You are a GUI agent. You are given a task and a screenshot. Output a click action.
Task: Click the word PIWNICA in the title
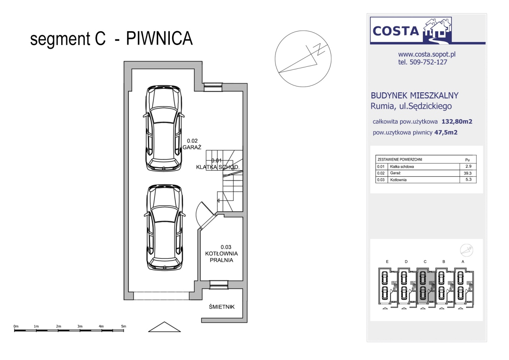pos(159,38)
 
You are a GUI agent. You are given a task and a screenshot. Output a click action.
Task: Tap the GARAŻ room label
pos(192,147)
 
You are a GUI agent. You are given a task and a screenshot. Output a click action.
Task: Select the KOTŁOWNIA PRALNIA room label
pos(221,257)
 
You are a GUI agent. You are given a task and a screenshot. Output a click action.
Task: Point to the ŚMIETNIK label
pos(222,307)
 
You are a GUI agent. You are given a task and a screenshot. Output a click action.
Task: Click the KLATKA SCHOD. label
pos(218,167)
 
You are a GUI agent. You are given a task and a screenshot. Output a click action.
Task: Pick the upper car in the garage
pos(163,128)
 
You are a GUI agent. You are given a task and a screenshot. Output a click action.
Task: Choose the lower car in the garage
pos(165,227)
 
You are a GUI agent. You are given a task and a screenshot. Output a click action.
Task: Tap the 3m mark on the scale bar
pos(80,326)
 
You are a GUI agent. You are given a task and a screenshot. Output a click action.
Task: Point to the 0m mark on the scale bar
pos(16,326)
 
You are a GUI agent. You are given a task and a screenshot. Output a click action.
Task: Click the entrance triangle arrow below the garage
pos(164,327)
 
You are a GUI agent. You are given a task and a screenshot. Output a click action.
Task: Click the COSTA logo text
pos(396,31)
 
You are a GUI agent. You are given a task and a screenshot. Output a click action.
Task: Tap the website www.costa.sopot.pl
pos(427,54)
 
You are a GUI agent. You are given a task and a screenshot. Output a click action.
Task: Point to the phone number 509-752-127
pos(428,62)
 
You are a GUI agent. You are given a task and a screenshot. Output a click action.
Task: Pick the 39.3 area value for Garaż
pos(468,173)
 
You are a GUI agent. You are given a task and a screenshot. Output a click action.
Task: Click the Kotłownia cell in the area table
pos(398,180)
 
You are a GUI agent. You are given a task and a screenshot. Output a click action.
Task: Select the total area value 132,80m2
pos(457,122)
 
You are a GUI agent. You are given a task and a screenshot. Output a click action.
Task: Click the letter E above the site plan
pos(387,262)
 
